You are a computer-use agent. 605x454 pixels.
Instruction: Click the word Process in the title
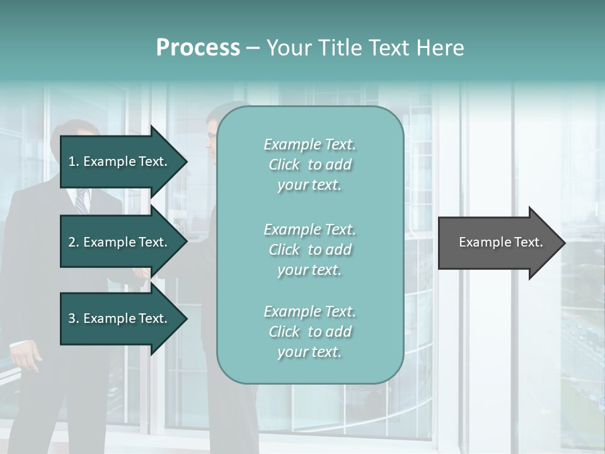click(198, 48)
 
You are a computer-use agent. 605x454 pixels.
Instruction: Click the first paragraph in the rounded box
click(309, 165)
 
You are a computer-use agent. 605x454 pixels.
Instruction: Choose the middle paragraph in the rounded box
click(309, 250)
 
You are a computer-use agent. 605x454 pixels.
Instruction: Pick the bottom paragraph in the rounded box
click(309, 332)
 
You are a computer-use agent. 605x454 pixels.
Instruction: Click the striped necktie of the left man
click(81, 202)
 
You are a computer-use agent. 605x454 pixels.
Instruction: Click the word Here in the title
click(441, 48)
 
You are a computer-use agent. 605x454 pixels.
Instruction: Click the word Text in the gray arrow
click(529, 242)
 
